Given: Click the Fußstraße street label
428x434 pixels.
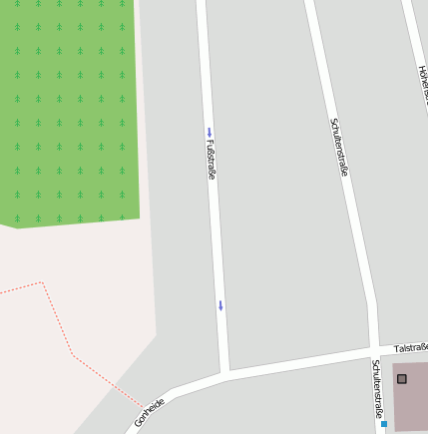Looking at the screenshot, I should click(211, 160).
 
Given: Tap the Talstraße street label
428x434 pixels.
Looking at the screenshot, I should click(411, 348).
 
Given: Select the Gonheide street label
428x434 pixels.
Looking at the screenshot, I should click(150, 411).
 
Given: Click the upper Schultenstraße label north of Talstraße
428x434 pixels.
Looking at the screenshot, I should click(339, 148).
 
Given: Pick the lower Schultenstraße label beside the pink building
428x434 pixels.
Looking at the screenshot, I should click(377, 391).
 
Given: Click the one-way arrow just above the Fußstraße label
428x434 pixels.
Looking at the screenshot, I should click(210, 132).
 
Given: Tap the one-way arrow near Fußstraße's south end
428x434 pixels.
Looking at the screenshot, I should click(220, 305).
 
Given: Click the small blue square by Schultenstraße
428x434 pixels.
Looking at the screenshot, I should click(384, 424).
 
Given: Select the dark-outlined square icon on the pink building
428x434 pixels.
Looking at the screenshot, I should click(402, 379).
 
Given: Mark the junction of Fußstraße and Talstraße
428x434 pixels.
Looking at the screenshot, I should click(226, 373).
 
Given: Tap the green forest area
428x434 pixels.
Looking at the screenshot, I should click(65, 110).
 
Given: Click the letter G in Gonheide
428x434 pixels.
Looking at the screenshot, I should click(139, 425).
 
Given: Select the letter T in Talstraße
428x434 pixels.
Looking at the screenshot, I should click(397, 350).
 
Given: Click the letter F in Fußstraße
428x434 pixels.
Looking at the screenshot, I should click(209, 142).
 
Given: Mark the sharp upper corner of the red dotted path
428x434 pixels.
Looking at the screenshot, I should click(42, 282).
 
